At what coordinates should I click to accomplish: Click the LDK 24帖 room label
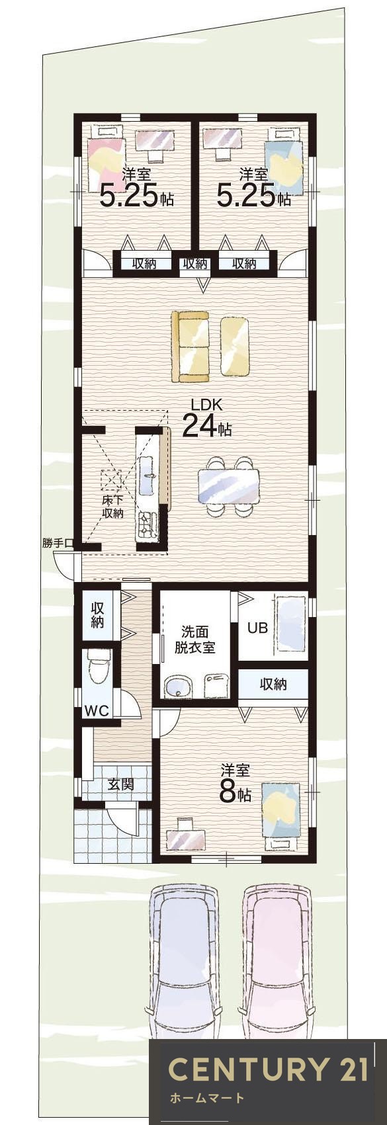(205, 419)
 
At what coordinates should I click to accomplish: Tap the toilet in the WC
(99, 668)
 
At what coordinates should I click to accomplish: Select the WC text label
(97, 711)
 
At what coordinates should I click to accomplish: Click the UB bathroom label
(257, 628)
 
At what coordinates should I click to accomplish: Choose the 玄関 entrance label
(121, 784)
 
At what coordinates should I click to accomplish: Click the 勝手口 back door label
(58, 543)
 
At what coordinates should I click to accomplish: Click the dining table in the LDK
(229, 487)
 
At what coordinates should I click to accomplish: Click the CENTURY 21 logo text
(267, 1069)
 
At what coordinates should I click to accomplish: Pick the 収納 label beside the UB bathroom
(273, 684)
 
